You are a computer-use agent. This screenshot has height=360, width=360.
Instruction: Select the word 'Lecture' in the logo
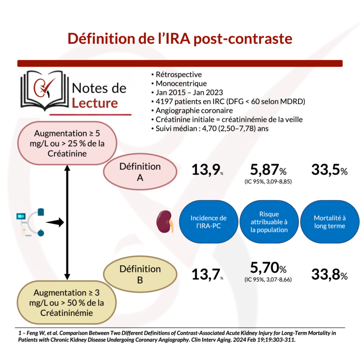point(95,103)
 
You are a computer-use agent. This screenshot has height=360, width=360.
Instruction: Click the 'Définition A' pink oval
point(140,172)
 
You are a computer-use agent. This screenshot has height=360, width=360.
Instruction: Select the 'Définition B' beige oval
point(140,274)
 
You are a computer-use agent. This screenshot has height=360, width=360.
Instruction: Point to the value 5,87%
point(268,169)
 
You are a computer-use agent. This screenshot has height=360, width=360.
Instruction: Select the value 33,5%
point(330,170)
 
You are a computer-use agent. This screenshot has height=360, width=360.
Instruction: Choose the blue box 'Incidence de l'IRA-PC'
point(209,222)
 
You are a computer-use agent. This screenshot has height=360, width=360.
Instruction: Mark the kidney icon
point(165,222)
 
